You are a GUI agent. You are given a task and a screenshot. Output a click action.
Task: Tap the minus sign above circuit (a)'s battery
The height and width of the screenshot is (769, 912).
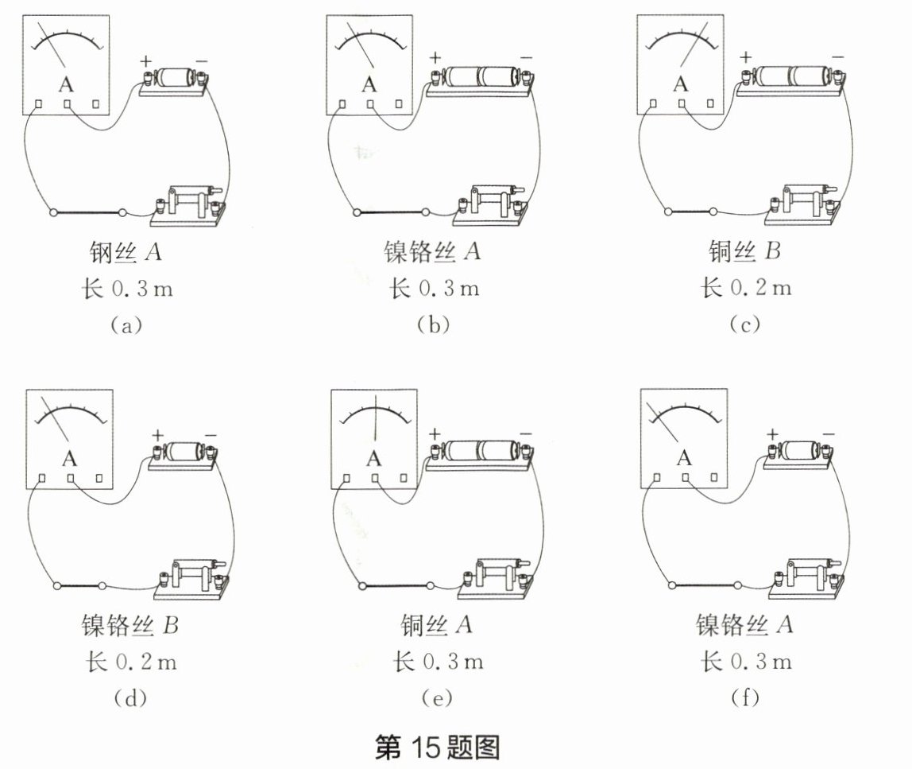[201, 60]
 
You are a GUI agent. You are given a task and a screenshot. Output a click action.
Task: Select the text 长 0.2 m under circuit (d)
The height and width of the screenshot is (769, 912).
[129, 662]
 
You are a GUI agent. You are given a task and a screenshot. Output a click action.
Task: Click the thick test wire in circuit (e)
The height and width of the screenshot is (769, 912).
[395, 586]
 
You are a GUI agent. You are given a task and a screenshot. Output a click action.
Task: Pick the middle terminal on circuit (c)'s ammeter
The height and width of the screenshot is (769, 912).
[681, 104]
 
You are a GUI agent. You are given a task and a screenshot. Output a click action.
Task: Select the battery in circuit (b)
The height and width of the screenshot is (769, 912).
[478, 77]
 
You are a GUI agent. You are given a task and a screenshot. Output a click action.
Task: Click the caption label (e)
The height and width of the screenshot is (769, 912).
[438, 698]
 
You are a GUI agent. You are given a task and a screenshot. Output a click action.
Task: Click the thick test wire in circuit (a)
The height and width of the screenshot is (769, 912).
[87, 213]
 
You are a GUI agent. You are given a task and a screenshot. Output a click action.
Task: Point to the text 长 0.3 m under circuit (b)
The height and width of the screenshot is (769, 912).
[434, 288]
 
